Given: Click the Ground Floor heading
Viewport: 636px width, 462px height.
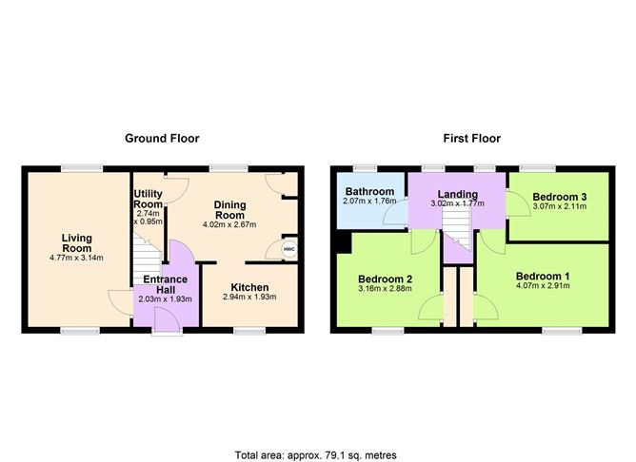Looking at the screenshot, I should [162, 138].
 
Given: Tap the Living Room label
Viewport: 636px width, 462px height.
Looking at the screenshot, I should [76, 244].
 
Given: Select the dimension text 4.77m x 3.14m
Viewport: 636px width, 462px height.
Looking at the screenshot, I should [76, 258].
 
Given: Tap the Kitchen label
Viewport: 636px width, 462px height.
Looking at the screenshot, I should [248, 287].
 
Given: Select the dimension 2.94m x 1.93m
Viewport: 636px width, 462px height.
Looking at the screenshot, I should [248, 298].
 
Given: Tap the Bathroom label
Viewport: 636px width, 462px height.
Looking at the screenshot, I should [368, 191].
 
